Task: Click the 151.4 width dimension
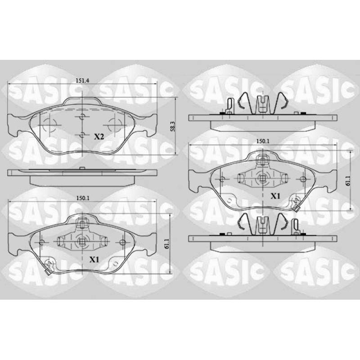click(x=82, y=81)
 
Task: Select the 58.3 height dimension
click(x=173, y=126)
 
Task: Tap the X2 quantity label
click(x=99, y=137)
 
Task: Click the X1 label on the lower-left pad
click(x=94, y=260)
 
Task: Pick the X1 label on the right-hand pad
click(x=275, y=196)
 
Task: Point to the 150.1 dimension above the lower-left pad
click(x=83, y=198)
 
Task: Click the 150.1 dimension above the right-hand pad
click(x=263, y=141)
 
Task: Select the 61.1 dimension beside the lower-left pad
click(x=167, y=244)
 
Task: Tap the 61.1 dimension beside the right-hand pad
click(x=347, y=180)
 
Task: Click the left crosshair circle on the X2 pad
click(x=50, y=125)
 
